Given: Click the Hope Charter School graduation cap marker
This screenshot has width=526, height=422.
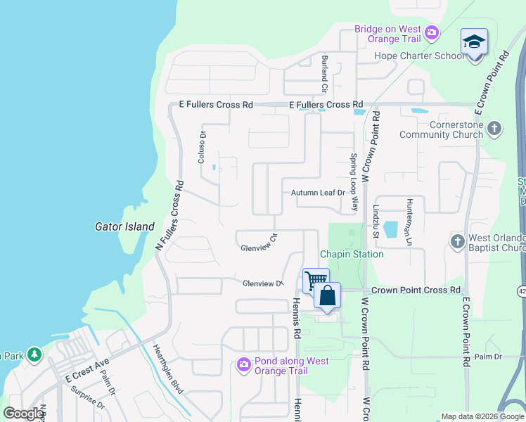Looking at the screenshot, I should point(474,41).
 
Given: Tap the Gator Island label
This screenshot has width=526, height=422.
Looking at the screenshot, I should point(124,226).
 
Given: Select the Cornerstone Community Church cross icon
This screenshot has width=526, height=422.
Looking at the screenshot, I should point(495,128).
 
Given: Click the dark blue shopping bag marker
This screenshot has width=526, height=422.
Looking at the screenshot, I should point(328,295).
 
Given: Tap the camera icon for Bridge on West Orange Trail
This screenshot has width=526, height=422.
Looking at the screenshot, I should point(432,32).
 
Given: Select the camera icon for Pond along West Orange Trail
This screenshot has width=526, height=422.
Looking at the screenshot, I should point(244,364).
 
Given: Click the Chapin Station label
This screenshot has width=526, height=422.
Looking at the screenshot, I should point(352,254).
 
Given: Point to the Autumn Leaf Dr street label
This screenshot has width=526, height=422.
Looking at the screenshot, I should point(318,193).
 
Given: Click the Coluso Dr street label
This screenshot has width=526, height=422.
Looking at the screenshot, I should point(202,148).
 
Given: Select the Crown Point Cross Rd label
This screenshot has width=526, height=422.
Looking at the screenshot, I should point(416,290).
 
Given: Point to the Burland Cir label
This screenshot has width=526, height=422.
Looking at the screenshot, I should point(324,74).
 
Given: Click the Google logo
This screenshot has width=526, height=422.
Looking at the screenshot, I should point(23,414).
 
